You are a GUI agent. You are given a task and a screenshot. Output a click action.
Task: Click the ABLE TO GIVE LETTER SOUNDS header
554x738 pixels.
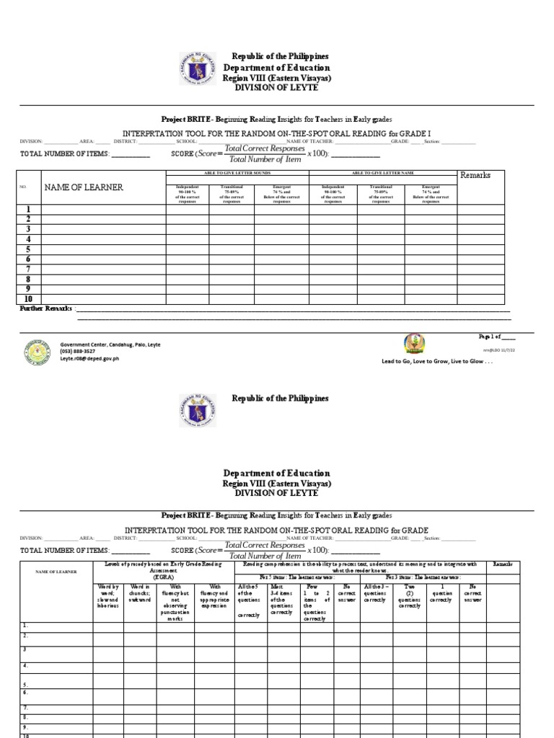click(237, 173)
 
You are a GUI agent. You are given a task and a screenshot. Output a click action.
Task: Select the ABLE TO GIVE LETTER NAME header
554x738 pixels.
click(382, 173)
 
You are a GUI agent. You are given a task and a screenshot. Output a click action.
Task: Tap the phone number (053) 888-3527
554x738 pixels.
click(78, 352)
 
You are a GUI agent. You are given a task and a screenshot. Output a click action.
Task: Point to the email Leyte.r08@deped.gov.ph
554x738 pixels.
click(89, 358)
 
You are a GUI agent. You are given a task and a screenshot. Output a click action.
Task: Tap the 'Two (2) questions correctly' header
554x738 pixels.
click(409, 596)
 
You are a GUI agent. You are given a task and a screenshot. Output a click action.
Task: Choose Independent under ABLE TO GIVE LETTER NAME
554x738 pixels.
click(333, 194)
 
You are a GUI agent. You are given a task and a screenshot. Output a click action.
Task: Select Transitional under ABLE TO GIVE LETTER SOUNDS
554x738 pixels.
click(232, 194)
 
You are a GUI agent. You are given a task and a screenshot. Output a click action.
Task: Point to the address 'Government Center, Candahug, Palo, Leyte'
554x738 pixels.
click(110, 344)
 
